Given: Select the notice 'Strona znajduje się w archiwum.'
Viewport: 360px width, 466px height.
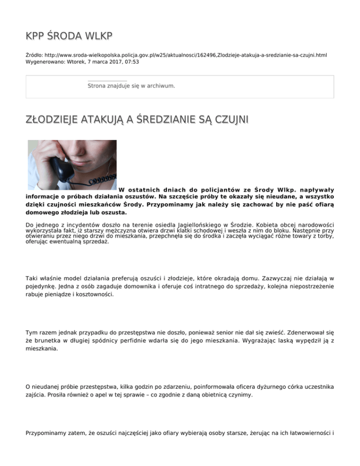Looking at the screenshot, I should (131, 86).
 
